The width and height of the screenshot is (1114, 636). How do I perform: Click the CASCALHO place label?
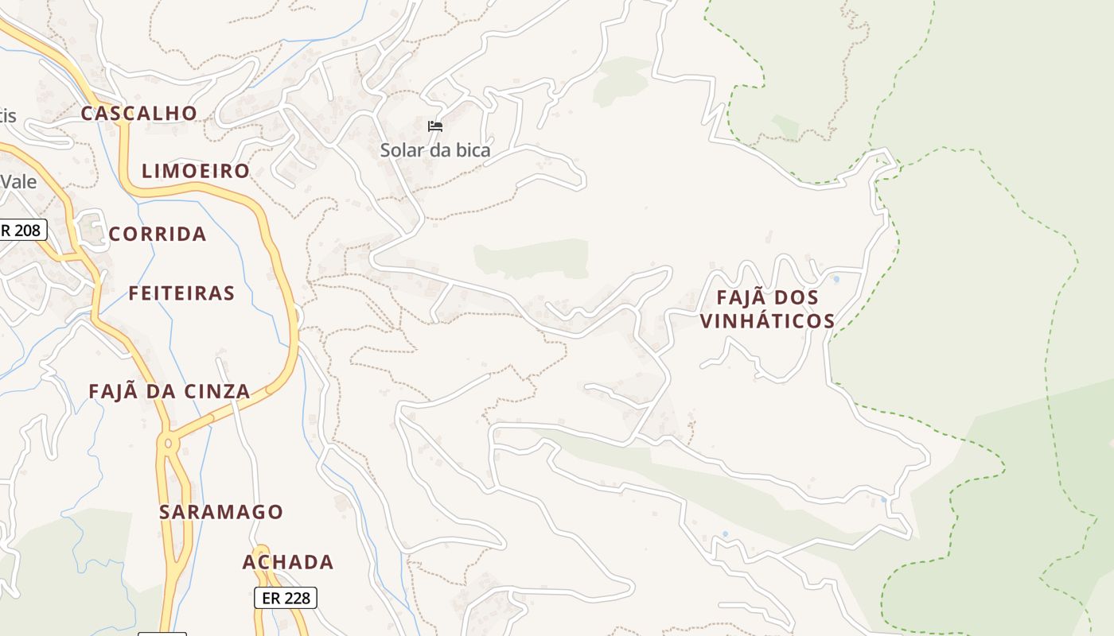(x=138, y=113)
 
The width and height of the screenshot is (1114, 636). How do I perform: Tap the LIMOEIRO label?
(x=196, y=171)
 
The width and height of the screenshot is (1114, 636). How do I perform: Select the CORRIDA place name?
(x=158, y=234)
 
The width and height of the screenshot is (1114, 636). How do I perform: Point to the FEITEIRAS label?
(x=181, y=293)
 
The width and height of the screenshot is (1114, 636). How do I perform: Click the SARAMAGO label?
(x=221, y=512)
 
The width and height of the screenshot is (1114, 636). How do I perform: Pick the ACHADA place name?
(x=288, y=562)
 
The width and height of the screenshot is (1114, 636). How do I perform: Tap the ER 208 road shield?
(x=21, y=231)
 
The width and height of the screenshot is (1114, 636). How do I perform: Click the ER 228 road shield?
(x=286, y=598)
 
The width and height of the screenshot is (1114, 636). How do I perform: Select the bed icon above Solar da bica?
(x=434, y=126)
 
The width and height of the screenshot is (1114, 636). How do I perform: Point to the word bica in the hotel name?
(x=473, y=150)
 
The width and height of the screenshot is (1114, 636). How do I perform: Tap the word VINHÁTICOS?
(x=767, y=321)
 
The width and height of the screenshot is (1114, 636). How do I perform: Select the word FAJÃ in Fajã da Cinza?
(x=111, y=391)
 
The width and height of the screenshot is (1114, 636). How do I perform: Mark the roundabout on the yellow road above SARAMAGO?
(x=168, y=442)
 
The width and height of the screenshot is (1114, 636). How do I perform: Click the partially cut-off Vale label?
(x=18, y=181)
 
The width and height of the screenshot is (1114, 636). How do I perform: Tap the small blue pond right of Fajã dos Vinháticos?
(x=835, y=279)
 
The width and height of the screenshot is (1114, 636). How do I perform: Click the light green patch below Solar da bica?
(x=532, y=259)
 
